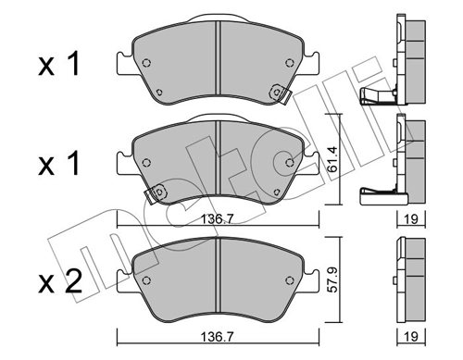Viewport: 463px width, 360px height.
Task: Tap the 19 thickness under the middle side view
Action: (x=411, y=220)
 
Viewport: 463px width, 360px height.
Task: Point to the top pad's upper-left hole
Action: (x=148, y=63)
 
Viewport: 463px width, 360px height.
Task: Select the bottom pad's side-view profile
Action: (x=409, y=275)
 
